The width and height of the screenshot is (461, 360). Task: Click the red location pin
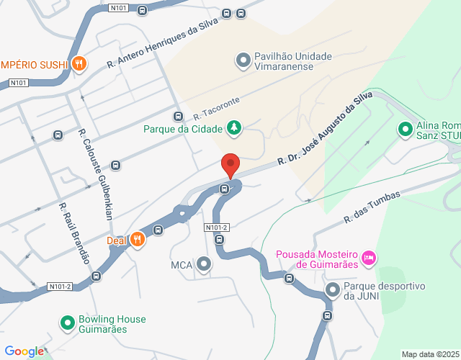(x=230, y=165)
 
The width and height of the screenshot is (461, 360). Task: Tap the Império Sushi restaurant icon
(x=79, y=64)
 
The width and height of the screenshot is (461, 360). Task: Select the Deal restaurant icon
(x=138, y=240)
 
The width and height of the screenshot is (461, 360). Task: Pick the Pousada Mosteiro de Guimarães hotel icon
(x=369, y=257)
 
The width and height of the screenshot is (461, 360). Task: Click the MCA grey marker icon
(x=204, y=264)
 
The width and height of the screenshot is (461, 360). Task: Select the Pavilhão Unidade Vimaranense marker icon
(x=243, y=58)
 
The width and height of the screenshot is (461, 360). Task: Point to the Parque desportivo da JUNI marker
(x=333, y=290)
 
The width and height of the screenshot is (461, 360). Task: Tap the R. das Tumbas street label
(x=371, y=206)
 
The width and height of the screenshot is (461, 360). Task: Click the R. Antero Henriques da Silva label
(x=162, y=43)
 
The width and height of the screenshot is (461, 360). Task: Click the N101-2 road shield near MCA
(x=217, y=228)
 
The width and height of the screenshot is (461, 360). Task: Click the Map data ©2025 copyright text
(x=429, y=354)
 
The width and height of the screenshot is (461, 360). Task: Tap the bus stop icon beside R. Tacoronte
(x=178, y=117)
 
